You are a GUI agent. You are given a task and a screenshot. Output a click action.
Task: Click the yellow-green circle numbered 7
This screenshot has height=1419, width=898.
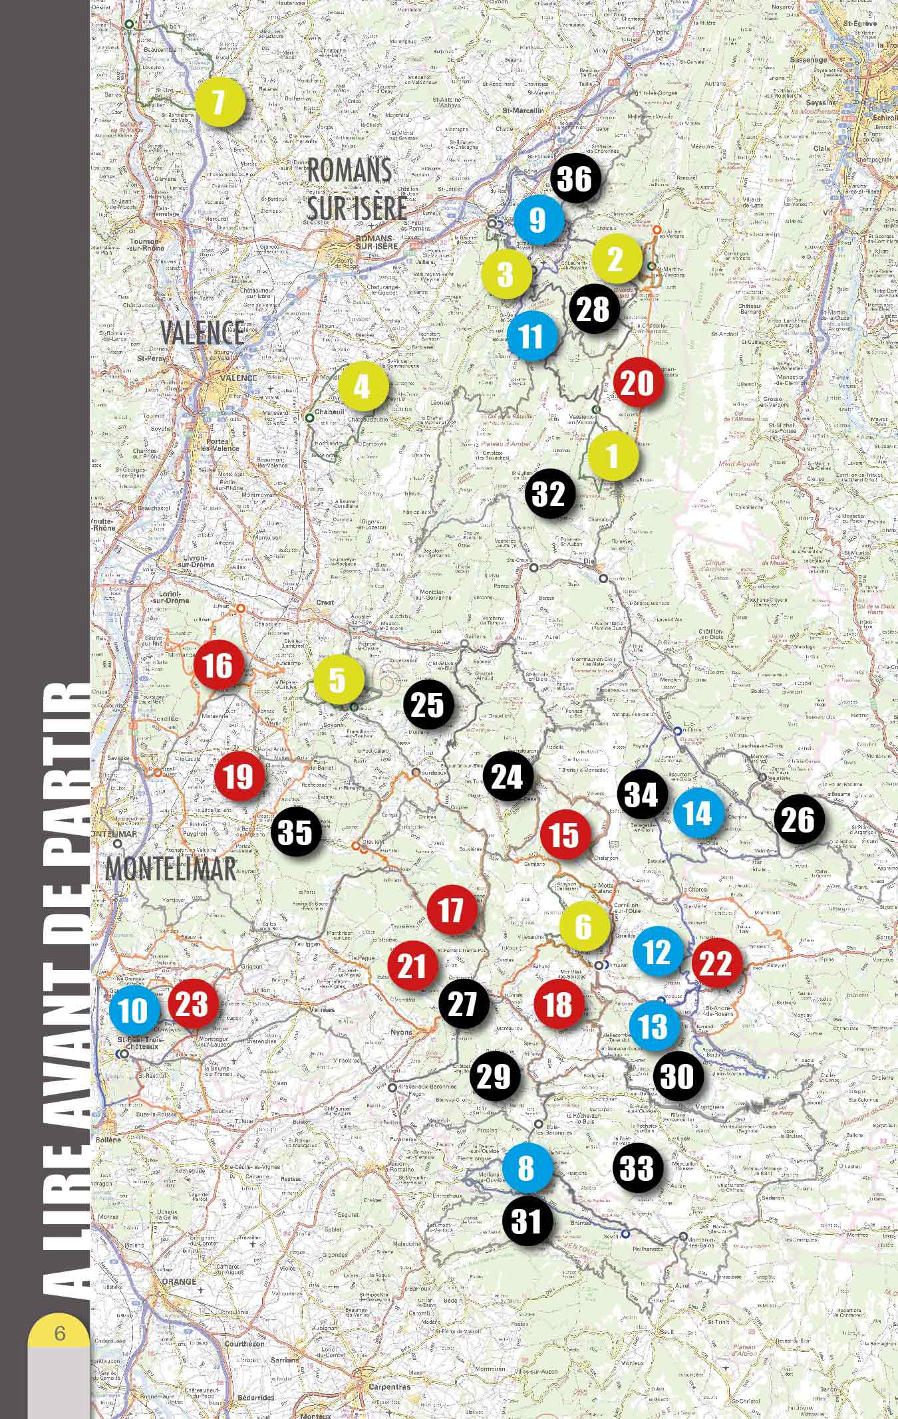[x=220, y=102]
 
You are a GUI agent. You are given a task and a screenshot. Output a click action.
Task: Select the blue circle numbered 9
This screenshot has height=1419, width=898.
[x=538, y=219]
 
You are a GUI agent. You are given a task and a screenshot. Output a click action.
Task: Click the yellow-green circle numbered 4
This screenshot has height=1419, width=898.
[x=363, y=386]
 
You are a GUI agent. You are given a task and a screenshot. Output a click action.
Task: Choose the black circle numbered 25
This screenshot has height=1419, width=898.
[x=428, y=705]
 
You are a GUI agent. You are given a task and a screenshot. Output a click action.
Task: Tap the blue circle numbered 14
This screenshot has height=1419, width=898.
[x=698, y=813]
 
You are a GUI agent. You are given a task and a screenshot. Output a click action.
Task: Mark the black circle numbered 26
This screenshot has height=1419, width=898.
[x=799, y=820]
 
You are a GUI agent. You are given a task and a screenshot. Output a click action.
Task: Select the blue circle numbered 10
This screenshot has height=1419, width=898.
[x=135, y=1011]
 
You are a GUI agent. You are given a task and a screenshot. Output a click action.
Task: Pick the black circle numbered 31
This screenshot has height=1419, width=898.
[x=527, y=1220]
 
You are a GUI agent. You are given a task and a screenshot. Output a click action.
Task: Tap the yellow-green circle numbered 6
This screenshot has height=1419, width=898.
[x=584, y=926]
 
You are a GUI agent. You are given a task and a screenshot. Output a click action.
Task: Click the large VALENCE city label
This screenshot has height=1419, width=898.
[x=202, y=334]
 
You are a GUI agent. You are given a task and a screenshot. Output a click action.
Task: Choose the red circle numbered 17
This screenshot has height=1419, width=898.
[x=452, y=909]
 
